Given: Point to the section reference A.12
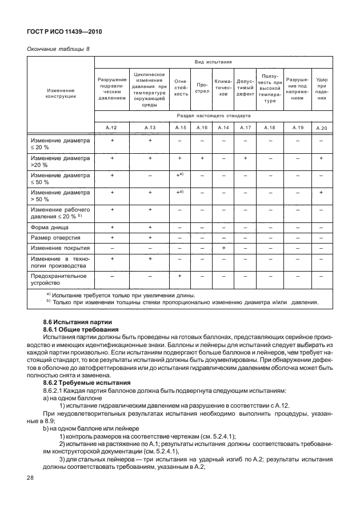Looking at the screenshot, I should click(111, 127).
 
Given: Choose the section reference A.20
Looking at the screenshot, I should click(322, 127).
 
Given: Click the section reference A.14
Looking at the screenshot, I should click(223, 127).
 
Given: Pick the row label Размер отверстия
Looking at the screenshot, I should click(55, 237).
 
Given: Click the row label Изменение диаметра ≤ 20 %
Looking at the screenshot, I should click(61, 143).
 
